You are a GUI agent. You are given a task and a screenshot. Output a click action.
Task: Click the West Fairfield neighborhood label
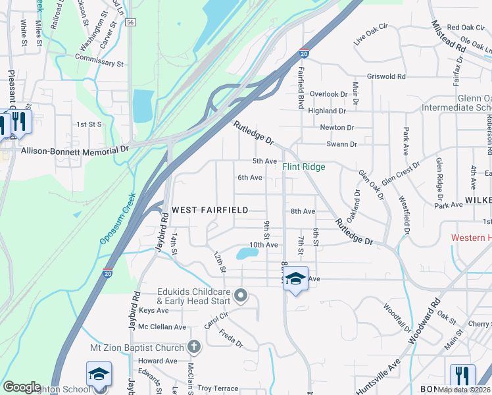click(x=210, y=210)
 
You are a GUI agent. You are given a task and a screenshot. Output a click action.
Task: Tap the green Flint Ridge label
click(x=304, y=167)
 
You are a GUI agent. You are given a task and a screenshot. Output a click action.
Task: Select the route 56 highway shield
click(x=132, y=22)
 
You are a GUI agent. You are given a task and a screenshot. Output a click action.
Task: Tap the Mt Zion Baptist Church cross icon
click(x=193, y=346)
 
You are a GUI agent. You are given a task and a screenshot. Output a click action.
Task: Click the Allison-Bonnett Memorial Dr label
click(x=75, y=150)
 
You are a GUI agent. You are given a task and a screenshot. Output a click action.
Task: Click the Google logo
click(x=22, y=387)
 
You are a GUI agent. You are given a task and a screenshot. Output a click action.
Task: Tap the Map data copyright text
click(x=464, y=390)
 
